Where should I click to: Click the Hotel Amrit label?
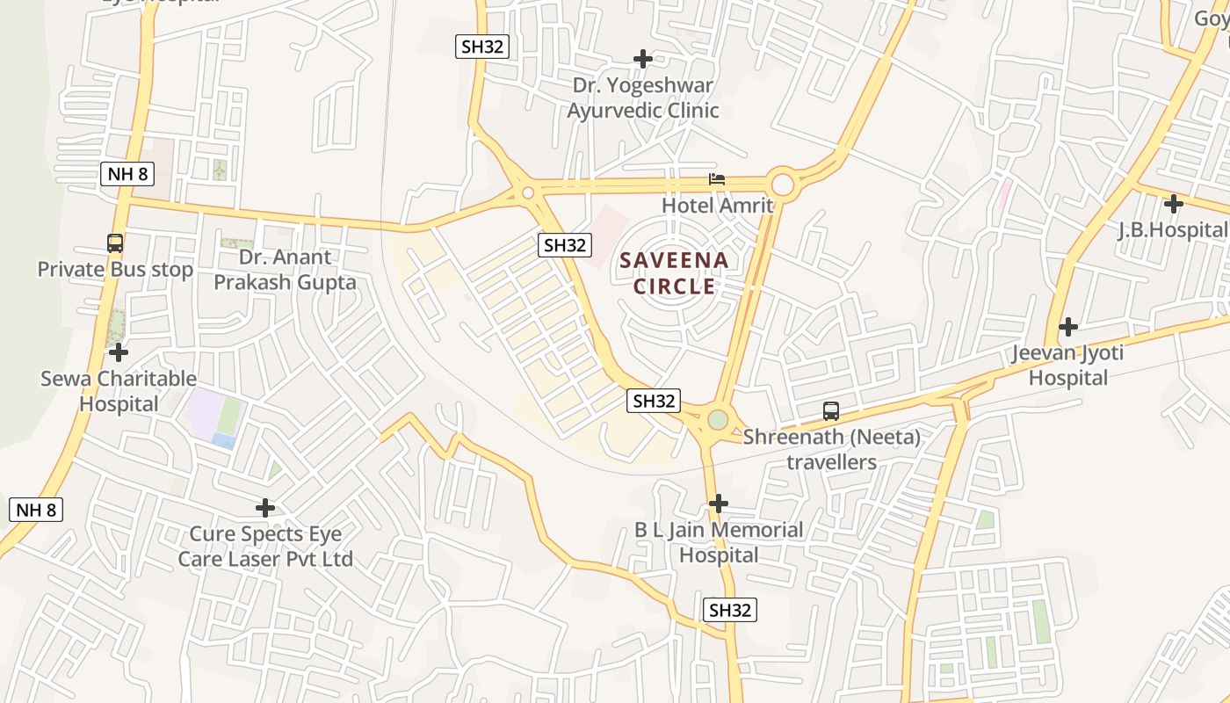point(717,206)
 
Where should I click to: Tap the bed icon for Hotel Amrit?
point(717,179)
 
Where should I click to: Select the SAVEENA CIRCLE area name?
point(675,273)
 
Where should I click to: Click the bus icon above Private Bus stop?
point(115,243)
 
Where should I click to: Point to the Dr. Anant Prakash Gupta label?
point(286,270)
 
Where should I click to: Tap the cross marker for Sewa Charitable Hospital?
point(119,353)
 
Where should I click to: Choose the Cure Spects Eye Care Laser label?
point(265,547)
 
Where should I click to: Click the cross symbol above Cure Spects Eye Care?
point(265,508)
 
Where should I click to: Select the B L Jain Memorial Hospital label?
point(719,542)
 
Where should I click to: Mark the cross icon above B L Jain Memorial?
point(719,504)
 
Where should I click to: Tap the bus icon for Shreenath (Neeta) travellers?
point(830,410)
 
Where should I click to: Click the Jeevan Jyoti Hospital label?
point(1067,366)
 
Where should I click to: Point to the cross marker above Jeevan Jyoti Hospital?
point(1067,327)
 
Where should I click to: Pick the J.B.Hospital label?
point(1172,230)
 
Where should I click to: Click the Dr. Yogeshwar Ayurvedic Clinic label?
point(643,98)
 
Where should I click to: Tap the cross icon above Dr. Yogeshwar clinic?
point(643,59)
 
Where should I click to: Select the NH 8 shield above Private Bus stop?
point(128,173)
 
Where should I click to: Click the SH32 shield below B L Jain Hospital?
point(730,610)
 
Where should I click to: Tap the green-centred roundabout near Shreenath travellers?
point(719,420)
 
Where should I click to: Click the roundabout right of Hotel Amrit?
point(782,185)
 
